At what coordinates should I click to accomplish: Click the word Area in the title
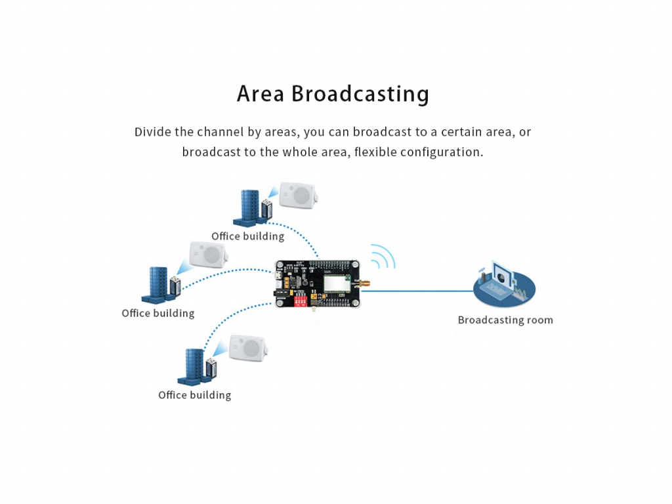261,94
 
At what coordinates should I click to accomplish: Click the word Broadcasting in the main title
360,94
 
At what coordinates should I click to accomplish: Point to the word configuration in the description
441,152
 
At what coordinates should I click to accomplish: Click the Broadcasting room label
505,320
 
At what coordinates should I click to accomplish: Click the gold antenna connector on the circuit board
362,284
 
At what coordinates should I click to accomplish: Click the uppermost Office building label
247,236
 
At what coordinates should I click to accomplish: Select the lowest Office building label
194,395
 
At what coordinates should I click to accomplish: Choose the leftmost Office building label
157,314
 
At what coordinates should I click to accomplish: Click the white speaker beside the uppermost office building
298,194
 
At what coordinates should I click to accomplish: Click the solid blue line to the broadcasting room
420,291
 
